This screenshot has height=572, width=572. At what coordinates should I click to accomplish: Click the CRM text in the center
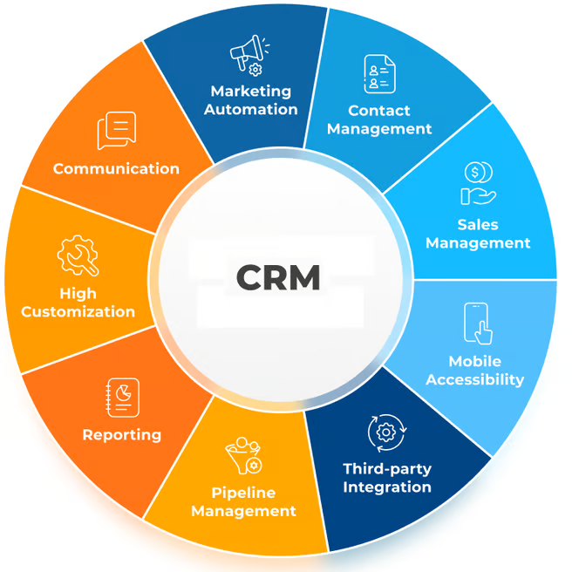coord(278,277)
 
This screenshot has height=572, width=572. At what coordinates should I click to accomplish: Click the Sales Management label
coord(478,233)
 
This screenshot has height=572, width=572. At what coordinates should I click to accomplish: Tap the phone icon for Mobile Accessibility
coord(477,323)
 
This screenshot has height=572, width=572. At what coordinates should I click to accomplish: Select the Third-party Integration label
coord(387,478)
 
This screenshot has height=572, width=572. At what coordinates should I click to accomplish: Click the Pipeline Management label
coord(243,502)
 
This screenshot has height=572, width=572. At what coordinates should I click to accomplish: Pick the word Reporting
coord(121,434)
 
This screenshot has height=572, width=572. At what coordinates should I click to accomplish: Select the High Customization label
coord(78,302)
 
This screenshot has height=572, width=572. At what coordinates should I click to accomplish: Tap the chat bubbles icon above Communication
coord(116,131)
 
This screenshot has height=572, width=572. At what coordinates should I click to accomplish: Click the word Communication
coord(116,168)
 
